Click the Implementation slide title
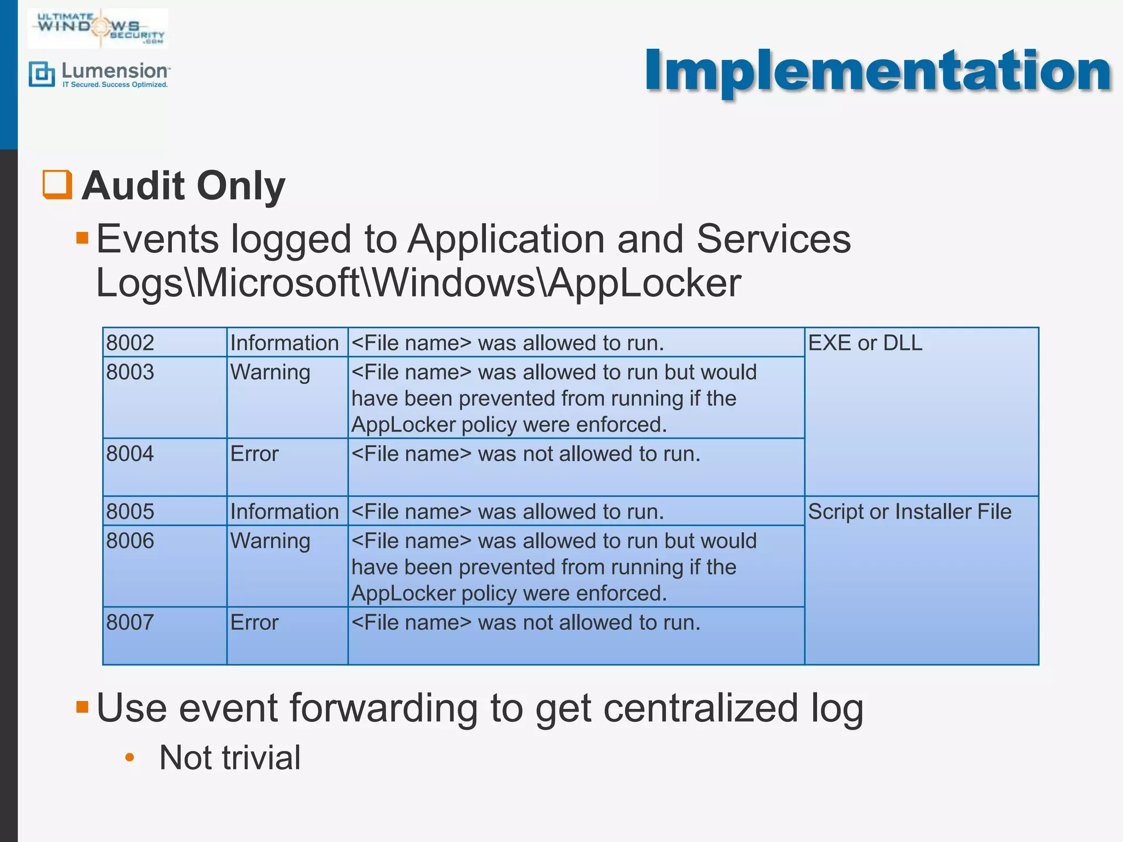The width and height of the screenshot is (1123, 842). tap(877, 71)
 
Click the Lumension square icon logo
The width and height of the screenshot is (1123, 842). tap(42, 74)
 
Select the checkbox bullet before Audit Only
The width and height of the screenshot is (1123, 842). tap(58, 185)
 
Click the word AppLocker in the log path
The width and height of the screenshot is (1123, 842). tap(644, 283)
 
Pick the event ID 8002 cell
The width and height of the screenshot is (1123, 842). tap(131, 343)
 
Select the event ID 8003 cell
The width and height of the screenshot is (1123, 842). tap(131, 373)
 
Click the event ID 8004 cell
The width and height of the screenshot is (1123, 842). tap(131, 454)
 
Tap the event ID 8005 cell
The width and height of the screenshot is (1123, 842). tap(131, 512)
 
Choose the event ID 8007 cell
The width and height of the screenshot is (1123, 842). tap(131, 623)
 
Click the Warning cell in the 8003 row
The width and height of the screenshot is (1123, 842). tap(270, 373)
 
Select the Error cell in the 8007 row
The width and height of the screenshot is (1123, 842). tap(254, 623)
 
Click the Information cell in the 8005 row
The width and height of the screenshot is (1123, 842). tap(285, 512)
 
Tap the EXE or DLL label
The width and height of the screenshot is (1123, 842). tap(865, 343)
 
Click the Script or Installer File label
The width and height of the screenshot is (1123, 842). tap(910, 512)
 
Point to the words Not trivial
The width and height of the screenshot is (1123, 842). tap(230, 758)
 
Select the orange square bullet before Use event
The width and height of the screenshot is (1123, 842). tap(82, 707)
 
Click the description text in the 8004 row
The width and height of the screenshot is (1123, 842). tap(526, 454)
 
